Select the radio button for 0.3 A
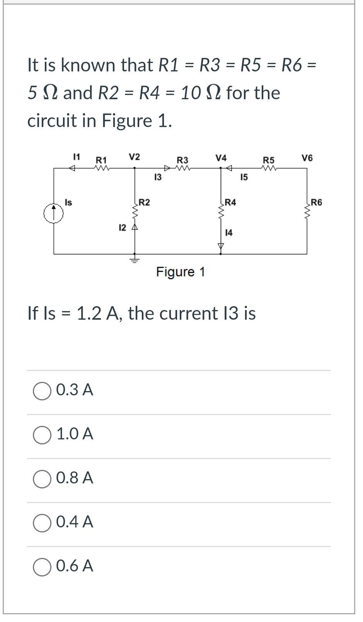pos(42,391)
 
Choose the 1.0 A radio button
pos(42,435)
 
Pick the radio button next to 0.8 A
pos(42,479)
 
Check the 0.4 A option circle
pos(42,523)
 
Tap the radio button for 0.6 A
pos(42,567)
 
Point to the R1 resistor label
pos(101,160)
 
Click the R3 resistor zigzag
pos(183,168)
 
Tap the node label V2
pos(135,157)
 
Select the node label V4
pos(221,158)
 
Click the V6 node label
pos(307,158)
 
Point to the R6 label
pos(316,202)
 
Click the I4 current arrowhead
pos(221,246)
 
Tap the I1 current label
pos(77,157)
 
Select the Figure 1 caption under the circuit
pos(181,272)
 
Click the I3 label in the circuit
pos(158,178)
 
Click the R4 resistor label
pos(230,202)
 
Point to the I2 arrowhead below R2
pos(135,227)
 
